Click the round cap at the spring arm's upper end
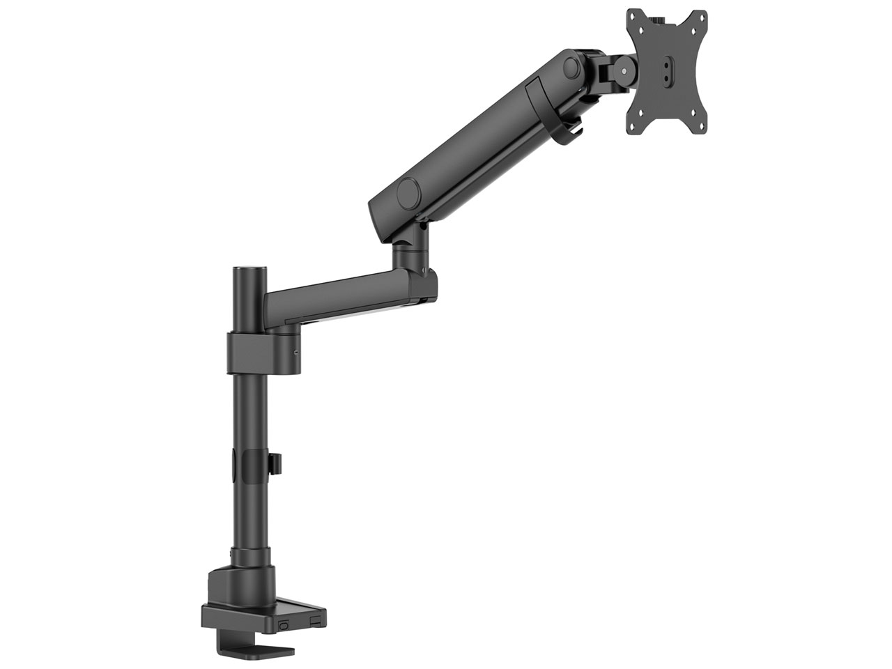572,68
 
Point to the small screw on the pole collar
296,352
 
